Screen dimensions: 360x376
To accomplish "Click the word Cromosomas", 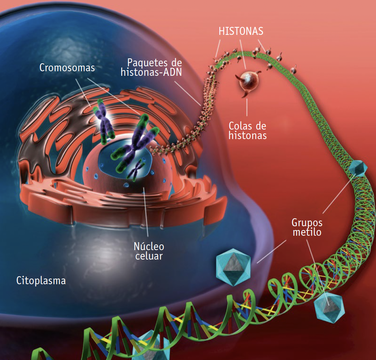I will point(67,67).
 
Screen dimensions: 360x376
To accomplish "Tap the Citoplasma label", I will point(41,281).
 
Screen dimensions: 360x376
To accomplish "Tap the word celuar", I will point(149,256).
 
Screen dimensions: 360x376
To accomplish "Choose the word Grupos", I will point(307,222).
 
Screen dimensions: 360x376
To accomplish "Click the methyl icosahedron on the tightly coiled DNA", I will point(357,167).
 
